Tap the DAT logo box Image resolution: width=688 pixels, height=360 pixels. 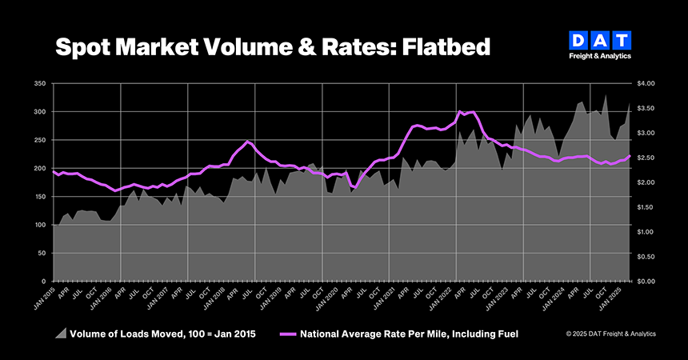pos(601,41)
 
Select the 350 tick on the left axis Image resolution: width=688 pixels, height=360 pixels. pos(39,83)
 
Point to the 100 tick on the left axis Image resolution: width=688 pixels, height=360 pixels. pos(39,225)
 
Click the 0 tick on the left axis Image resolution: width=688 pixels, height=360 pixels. pos(44,282)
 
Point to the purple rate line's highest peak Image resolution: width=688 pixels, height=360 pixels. pos(459,111)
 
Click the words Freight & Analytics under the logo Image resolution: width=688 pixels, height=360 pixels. pos(601,57)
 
